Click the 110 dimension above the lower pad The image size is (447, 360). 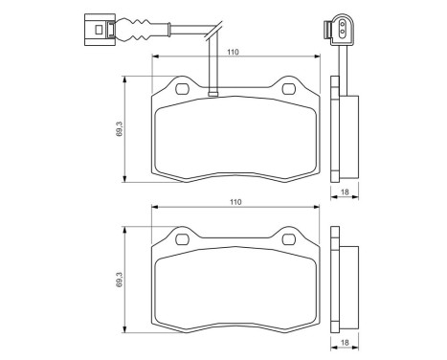tap(235, 202)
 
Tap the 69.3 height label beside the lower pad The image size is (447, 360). tap(118, 279)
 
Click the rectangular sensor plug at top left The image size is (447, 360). tap(96, 27)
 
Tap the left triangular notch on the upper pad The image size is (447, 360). tap(181, 89)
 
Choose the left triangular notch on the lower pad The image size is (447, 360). tap(181, 238)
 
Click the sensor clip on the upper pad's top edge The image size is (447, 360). tap(213, 94)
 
